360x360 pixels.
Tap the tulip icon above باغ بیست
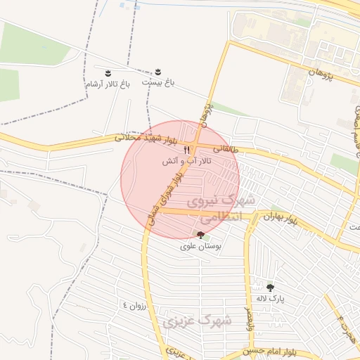(158, 72)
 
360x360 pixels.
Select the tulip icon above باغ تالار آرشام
(108, 73)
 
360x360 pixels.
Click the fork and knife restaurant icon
(187, 149)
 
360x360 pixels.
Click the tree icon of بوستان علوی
(201, 236)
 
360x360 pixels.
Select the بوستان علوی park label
(199, 247)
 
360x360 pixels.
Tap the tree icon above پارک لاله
(270, 287)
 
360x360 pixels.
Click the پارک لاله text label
(270, 298)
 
